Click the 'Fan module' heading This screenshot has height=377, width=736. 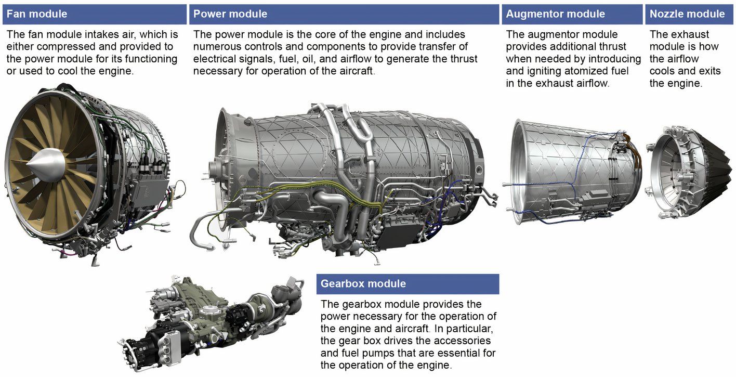(37, 14)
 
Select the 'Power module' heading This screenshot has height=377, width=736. (230, 14)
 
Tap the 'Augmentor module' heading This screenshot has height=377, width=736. (556, 14)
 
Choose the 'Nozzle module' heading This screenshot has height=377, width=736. (687, 14)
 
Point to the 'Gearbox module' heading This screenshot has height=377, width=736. (363, 284)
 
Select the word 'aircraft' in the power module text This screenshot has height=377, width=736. (354, 71)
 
